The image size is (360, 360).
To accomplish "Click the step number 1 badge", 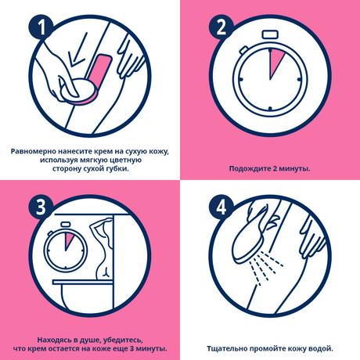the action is pos(41,27).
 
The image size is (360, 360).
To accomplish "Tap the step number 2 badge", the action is pos(221,27).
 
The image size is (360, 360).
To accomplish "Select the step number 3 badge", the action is pos(41,207).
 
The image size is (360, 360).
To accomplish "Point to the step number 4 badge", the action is pos(221,208).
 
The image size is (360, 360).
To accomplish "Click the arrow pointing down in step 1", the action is pos(77,49).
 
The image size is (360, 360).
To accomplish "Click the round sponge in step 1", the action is pos(79,91).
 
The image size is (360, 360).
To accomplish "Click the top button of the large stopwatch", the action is pos(270,34).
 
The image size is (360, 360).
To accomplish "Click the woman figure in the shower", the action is pos(102,249).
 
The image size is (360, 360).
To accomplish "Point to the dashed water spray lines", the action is pos(265,268).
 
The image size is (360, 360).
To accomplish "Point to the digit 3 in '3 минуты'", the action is pos(131,349).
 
